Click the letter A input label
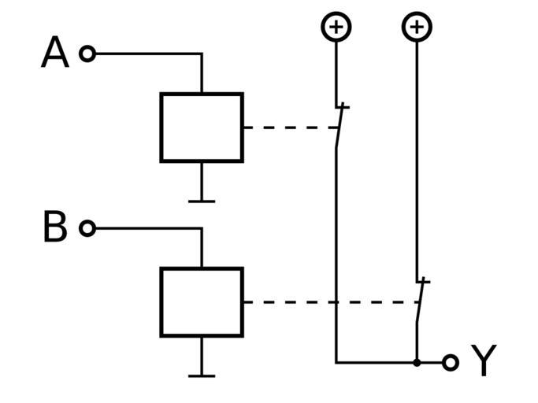54,54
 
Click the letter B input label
54,228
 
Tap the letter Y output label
484,362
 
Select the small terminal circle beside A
87,54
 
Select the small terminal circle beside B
87,228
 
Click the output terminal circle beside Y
450,362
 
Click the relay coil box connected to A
202,128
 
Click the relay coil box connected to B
202,302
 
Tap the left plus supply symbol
336,27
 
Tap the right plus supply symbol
417,27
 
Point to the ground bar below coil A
202,201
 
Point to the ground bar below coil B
202,375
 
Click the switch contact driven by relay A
339,126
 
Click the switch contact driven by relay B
420,300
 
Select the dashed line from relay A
288,128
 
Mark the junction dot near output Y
417,362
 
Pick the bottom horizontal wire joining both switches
376,362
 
